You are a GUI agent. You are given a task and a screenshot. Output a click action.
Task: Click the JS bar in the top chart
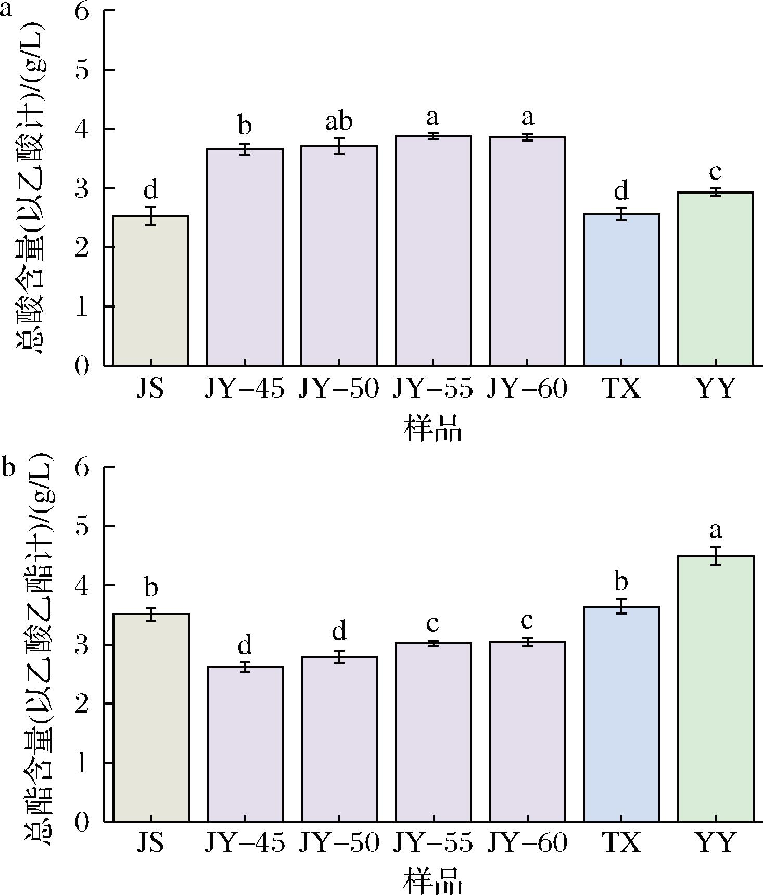(151, 290)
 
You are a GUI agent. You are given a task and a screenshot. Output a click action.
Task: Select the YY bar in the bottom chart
(716, 689)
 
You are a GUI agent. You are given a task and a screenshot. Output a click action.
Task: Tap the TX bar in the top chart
(621, 290)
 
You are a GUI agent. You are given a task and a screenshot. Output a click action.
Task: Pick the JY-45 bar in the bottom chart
(245, 744)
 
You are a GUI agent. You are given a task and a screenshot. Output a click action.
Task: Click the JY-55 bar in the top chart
(433, 251)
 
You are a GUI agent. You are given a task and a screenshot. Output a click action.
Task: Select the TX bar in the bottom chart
(621, 714)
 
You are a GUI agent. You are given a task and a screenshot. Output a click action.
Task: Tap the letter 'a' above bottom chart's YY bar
(716, 531)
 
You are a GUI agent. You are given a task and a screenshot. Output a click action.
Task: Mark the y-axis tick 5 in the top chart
(83, 70)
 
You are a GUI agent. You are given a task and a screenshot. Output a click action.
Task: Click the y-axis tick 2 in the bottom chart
(83, 704)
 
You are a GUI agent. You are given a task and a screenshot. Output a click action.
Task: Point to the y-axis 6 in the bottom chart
(83, 467)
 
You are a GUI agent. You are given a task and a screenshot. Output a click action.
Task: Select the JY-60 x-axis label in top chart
(527, 388)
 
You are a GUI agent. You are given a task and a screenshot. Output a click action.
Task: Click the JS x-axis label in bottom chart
(150, 842)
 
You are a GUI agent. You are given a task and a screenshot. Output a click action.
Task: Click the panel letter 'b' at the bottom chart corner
(9, 467)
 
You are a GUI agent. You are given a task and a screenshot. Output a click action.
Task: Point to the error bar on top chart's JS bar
(151, 216)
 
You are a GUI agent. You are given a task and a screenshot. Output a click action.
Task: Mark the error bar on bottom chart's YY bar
(716, 556)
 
